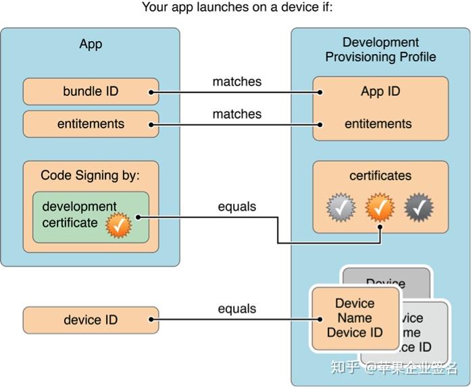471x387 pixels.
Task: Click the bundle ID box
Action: click(x=91, y=91)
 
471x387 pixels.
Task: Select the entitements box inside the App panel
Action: click(x=91, y=124)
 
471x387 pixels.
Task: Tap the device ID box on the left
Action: click(x=91, y=320)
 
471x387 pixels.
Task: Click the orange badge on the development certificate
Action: click(x=119, y=227)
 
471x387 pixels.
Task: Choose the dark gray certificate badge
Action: click(x=419, y=208)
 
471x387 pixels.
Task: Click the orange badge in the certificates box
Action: click(x=380, y=208)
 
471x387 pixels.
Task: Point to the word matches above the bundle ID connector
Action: click(x=237, y=82)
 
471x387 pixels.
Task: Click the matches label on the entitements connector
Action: click(x=237, y=114)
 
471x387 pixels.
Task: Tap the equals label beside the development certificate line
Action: click(x=237, y=207)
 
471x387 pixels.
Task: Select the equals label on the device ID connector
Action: click(x=237, y=309)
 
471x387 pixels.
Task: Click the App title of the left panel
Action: click(x=91, y=44)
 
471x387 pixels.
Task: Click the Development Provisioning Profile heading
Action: click(x=380, y=50)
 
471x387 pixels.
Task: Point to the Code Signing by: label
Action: click(x=90, y=176)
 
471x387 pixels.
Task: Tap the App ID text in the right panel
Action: click(x=380, y=91)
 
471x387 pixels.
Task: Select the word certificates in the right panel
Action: click(x=380, y=176)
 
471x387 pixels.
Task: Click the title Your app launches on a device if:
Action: click(x=237, y=8)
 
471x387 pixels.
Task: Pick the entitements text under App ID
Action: click(x=378, y=124)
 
